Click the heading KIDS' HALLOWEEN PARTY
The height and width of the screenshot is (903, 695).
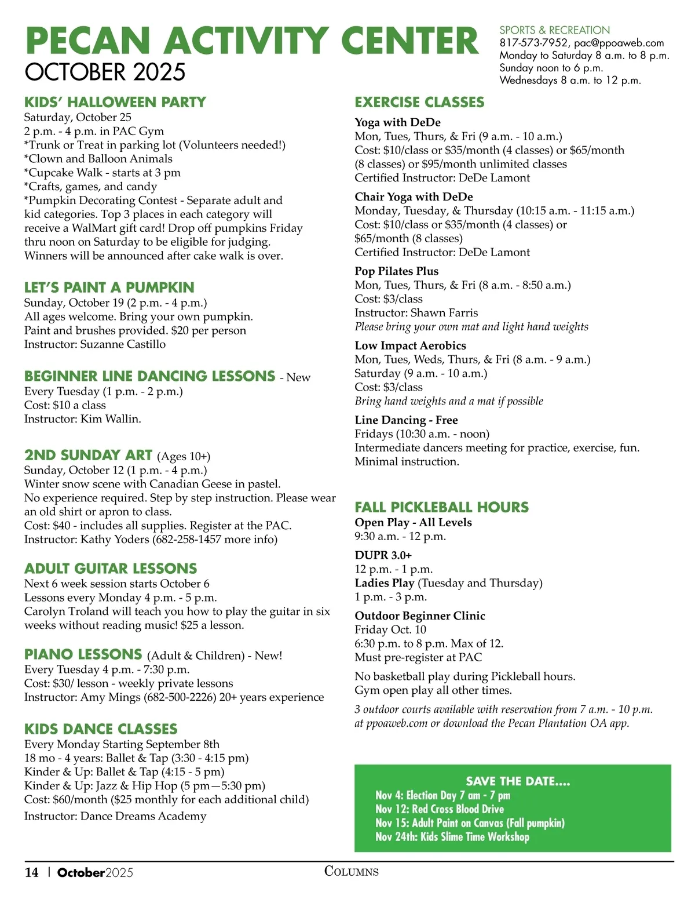click(x=115, y=102)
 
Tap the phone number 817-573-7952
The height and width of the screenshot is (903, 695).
click(x=533, y=43)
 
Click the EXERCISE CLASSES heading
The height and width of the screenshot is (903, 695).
click(x=419, y=102)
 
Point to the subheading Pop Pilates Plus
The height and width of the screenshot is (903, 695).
click(x=396, y=271)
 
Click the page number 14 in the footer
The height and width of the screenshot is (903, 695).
click(x=31, y=872)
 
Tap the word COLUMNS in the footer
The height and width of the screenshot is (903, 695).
click(x=351, y=871)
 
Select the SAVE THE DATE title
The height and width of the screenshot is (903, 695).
click(x=518, y=781)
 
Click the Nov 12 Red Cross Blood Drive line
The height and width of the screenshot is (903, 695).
click(x=440, y=809)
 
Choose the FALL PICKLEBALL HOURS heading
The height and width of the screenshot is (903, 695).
click(x=441, y=507)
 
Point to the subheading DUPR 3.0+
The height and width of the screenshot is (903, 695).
click(x=383, y=555)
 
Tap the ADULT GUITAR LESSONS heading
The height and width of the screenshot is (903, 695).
click(x=111, y=569)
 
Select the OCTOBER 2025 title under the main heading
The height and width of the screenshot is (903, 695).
click(x=105, y=72)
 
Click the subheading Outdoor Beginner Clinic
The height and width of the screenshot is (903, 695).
click(x=420, y=616)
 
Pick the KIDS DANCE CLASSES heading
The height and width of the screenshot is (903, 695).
click(x=101, y=729)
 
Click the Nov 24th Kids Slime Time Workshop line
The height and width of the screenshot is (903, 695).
click(x=452, y=837)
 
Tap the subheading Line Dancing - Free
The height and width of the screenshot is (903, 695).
click(x=406, y=420)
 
